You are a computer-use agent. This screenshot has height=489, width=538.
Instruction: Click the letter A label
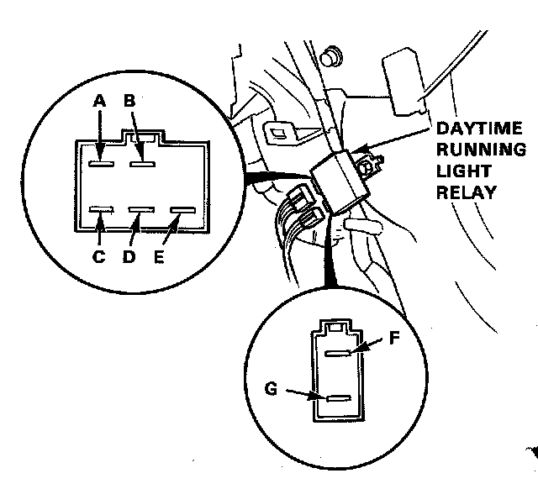coord(99,101)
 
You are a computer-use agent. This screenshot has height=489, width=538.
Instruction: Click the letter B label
coord(129,101)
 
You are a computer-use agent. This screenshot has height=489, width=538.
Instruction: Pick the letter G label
coord(271,389)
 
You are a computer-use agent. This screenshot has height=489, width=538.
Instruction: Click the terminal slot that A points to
coord(104,162)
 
